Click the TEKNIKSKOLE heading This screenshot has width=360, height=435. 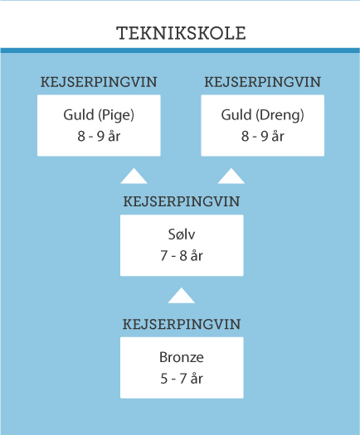[181, 33]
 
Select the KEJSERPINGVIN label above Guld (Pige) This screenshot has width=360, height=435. [99, 82]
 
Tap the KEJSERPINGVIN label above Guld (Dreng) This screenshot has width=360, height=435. [263, 82]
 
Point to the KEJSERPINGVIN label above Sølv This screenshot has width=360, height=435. [182, 201]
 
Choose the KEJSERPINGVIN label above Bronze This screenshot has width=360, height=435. [182, 324]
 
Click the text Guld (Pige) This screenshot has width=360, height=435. [99, 115]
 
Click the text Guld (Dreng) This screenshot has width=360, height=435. [263, 115]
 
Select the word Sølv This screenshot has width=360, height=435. [182, 234]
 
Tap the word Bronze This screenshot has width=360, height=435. [182, 357]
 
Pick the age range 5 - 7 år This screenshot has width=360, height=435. [182, 379]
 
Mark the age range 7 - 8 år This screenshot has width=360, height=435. [182, 255]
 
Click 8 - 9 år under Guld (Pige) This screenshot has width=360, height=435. [99, 136]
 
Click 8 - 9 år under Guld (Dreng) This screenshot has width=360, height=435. [263, 136]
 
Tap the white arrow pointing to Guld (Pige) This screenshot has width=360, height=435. [134, 176]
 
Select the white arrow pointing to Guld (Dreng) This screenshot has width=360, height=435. [231, 176]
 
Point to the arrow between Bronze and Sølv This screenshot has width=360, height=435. [182, 296]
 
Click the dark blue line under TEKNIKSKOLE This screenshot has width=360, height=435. [180, 51]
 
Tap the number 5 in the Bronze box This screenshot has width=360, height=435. [164, 379]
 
